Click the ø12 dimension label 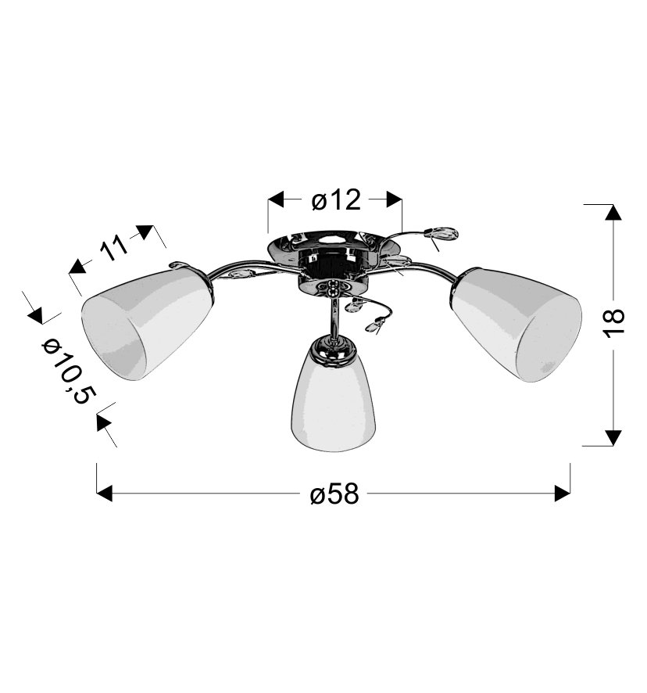click(x=336, y=200)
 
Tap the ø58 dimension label click(x=334, y=494)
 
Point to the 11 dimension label click(x=113, y=250)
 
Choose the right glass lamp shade click(x=516, y=324)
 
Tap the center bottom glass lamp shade click(x=333, y=398)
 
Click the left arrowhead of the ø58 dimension click(x=104, y=494)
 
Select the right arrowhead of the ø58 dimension click(x=562, y=494)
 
